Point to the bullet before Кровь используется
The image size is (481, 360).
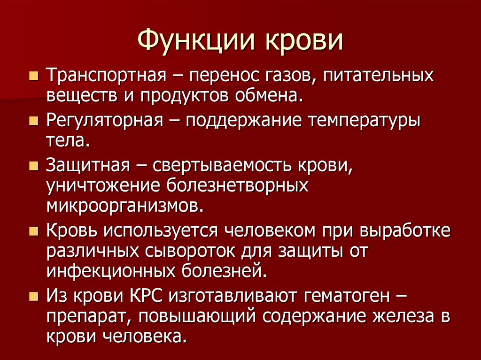pyautogui.click(x=35, y=231)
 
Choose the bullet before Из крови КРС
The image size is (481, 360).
pyautogui.click(x=35, y=295)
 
